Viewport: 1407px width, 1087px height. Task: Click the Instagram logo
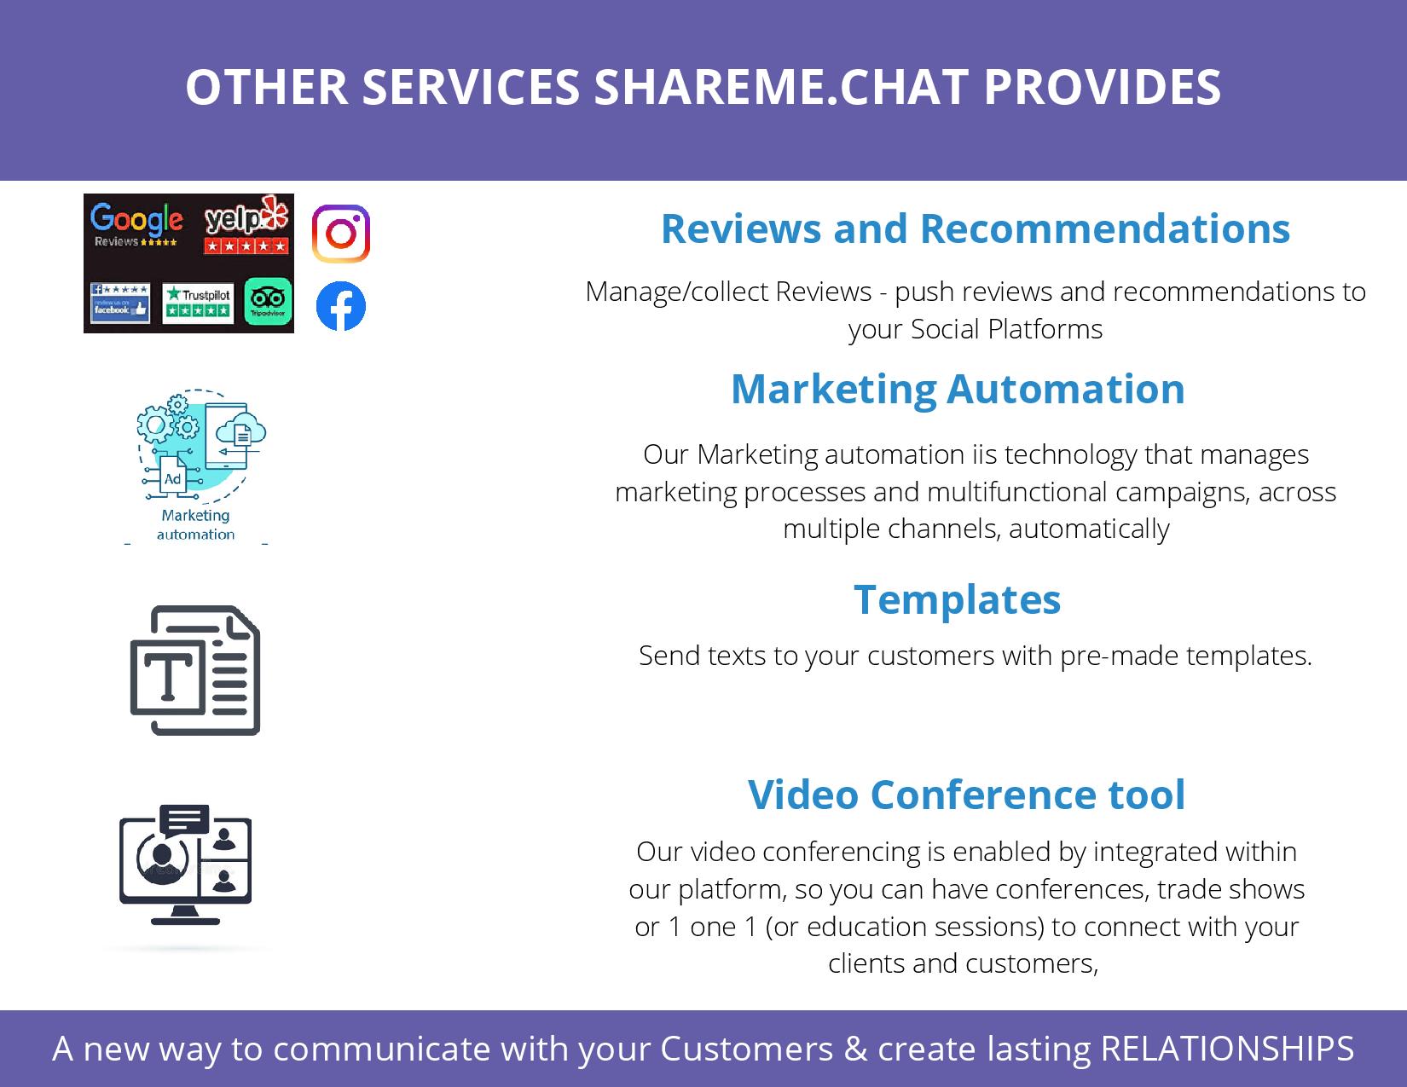pyautogui.click(x=340, y=234)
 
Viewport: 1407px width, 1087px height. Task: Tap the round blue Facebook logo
pyautogui.click(x=340, y=306)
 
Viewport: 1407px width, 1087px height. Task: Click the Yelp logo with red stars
pyautogui.click(x=246, y=224)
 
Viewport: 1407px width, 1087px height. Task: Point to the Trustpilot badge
pyautogui.click(x=198, y=303)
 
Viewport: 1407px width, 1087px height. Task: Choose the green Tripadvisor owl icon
pyautogui.click(x=268, y=302)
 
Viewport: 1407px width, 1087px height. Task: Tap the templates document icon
pyautogui.click(x=195, y=670)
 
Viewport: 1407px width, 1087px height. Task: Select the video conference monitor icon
pyautogui.click(x=185, y=865)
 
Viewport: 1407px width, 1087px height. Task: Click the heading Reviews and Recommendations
pyautogui.click(x=976, y=228)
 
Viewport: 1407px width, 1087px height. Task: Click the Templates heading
pyautogui.click(x=957, y=599)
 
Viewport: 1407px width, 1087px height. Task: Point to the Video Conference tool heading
pyautogui.click(x=966, y=795)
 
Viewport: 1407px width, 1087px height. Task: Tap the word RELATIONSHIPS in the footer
pyautogui.click(x=1227, y=1048)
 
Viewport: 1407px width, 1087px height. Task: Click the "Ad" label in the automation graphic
pyautogui.click(x=172, y=479)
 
